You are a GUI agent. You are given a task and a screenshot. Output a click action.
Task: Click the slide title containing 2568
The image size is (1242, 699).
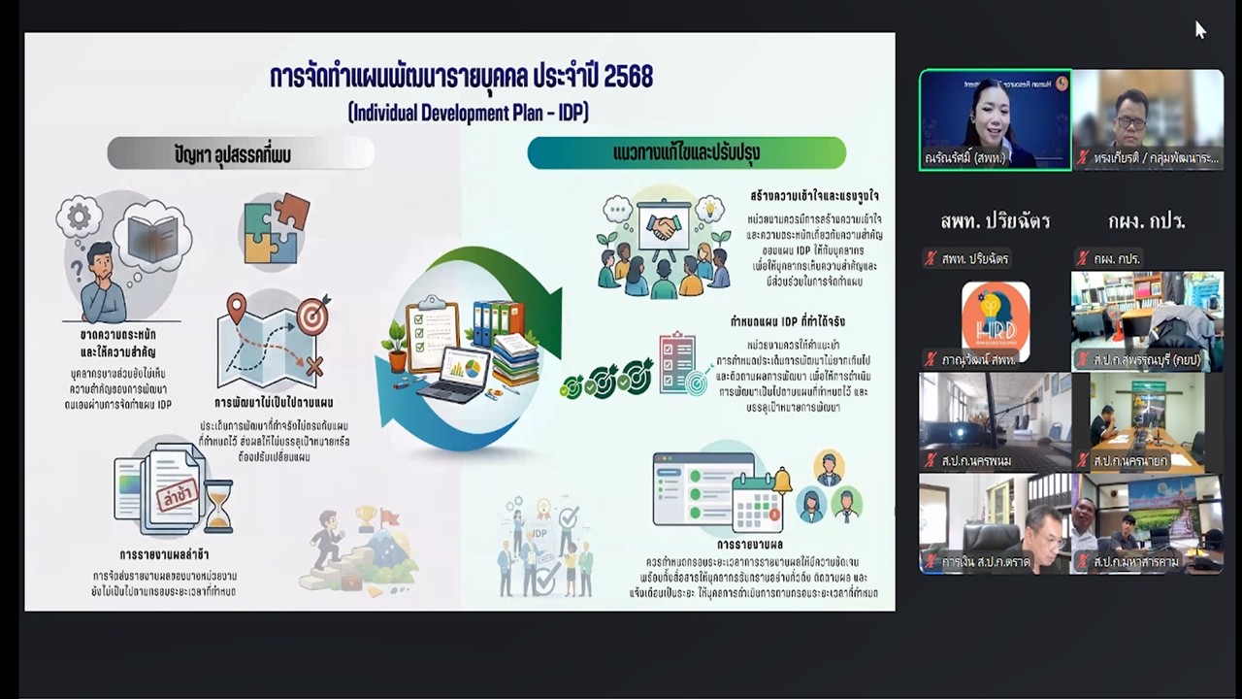[461, 78]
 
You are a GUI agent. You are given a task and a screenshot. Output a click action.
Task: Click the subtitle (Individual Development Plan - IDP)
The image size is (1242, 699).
[468, 113]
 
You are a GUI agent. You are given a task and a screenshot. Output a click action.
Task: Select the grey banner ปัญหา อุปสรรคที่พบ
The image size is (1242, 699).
[240, 153]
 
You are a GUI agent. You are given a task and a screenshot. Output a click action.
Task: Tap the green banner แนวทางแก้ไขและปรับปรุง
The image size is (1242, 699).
[686, 153]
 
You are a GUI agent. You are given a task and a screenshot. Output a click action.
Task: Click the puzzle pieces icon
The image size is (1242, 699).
[276, 230]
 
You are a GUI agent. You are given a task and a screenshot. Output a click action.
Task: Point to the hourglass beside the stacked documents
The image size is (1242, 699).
[218, 506]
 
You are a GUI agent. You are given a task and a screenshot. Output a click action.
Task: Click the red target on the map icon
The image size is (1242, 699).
[311, 317]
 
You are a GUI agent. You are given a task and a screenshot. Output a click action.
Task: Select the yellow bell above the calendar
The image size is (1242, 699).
[781, 481]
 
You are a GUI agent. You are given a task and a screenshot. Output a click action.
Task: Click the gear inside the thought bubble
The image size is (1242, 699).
[79, 216]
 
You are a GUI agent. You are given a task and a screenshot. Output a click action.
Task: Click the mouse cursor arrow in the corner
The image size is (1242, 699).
[1199, 29]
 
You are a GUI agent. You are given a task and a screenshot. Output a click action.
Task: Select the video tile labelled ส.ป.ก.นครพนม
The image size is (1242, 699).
[995, 421]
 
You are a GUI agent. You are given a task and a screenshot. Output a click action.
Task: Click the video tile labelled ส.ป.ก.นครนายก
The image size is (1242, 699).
[1147, 421]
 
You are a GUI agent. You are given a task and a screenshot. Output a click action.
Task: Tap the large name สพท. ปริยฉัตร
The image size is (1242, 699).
[995, 221]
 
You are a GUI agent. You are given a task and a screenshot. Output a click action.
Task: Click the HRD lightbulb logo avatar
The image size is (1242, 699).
[996, 320]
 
